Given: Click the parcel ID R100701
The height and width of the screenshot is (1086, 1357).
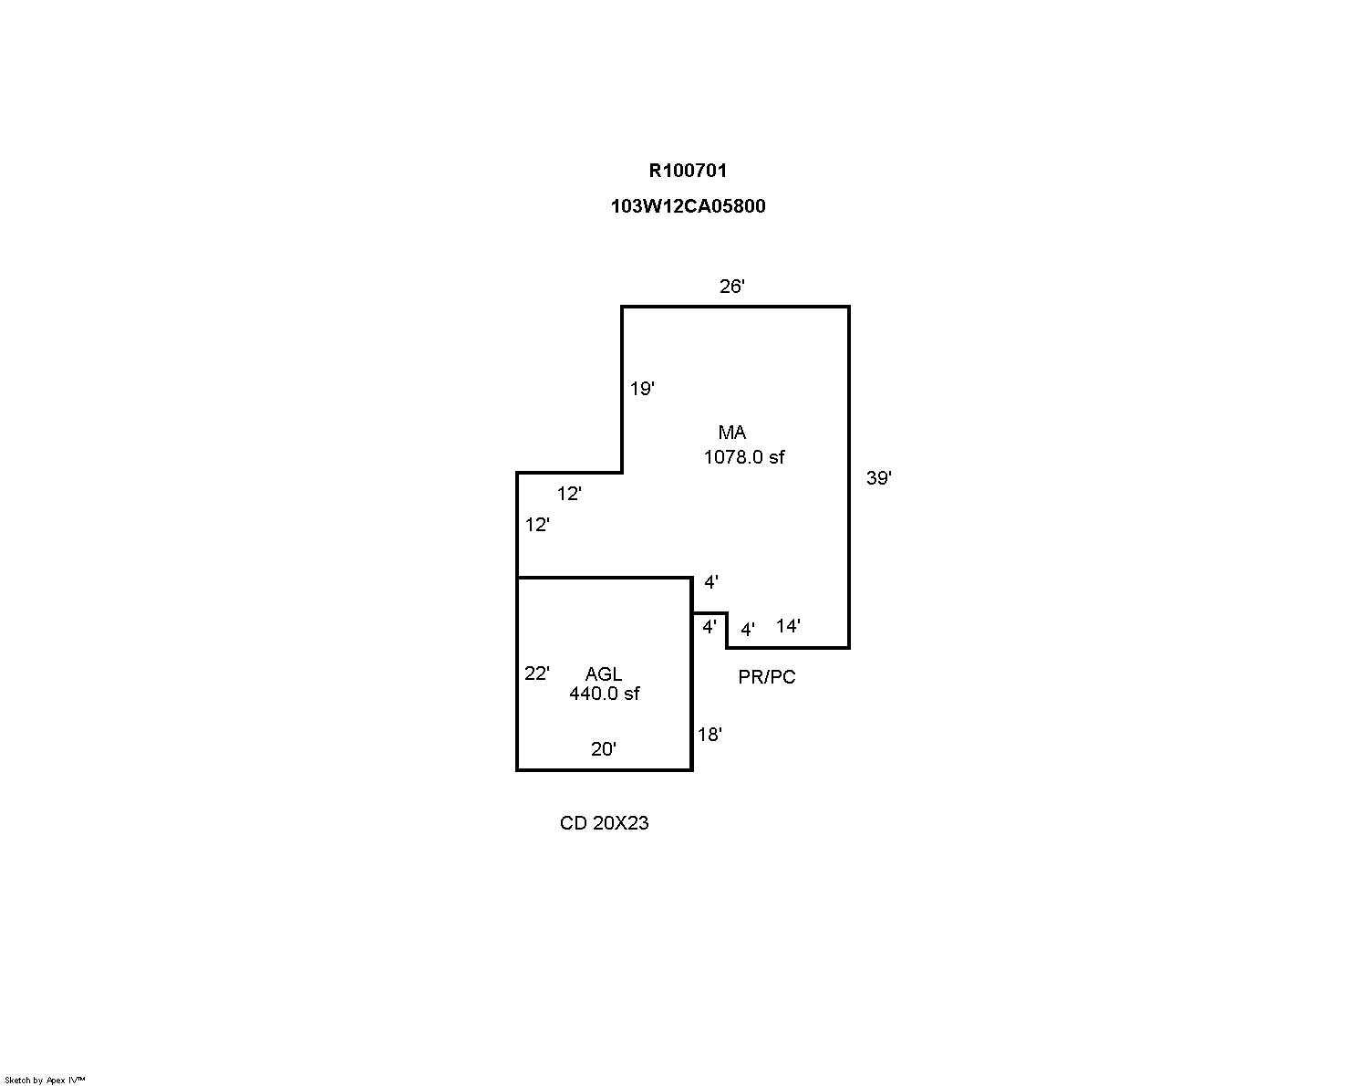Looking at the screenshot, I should [688, 170].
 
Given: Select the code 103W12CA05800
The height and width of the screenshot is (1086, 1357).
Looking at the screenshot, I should [688, 206].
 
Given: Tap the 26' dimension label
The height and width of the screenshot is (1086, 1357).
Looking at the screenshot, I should [732, 287].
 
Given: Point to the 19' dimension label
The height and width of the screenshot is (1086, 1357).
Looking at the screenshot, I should [642, 389].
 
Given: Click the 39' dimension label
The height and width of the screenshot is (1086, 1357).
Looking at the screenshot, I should [878, 478].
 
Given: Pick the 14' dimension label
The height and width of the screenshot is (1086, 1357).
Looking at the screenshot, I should [788, 626].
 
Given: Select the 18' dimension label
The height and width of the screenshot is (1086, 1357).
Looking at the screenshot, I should [710, 735].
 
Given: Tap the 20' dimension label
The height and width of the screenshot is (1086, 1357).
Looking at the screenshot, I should [603, 749].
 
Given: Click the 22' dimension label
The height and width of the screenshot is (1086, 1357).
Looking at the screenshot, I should [536, 674].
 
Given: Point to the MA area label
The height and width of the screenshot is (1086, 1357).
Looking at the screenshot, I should [731, 433].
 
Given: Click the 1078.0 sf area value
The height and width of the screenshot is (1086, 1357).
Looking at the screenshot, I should [743, 457].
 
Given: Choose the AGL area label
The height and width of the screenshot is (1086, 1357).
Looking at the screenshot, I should [603, 674].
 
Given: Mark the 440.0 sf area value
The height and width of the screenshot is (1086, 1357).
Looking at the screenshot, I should [604, 694].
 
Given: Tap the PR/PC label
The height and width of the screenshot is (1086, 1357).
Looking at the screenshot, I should [766, 677].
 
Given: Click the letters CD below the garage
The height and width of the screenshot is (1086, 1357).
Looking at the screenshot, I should [573, 823].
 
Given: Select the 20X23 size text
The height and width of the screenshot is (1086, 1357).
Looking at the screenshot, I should [620, 823].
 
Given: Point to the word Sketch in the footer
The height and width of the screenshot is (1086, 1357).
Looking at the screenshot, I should [18, 1081].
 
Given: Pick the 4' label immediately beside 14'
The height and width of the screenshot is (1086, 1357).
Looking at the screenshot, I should [747, 630].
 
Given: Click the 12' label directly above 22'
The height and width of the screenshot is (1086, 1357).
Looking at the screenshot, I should [537, 525].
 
